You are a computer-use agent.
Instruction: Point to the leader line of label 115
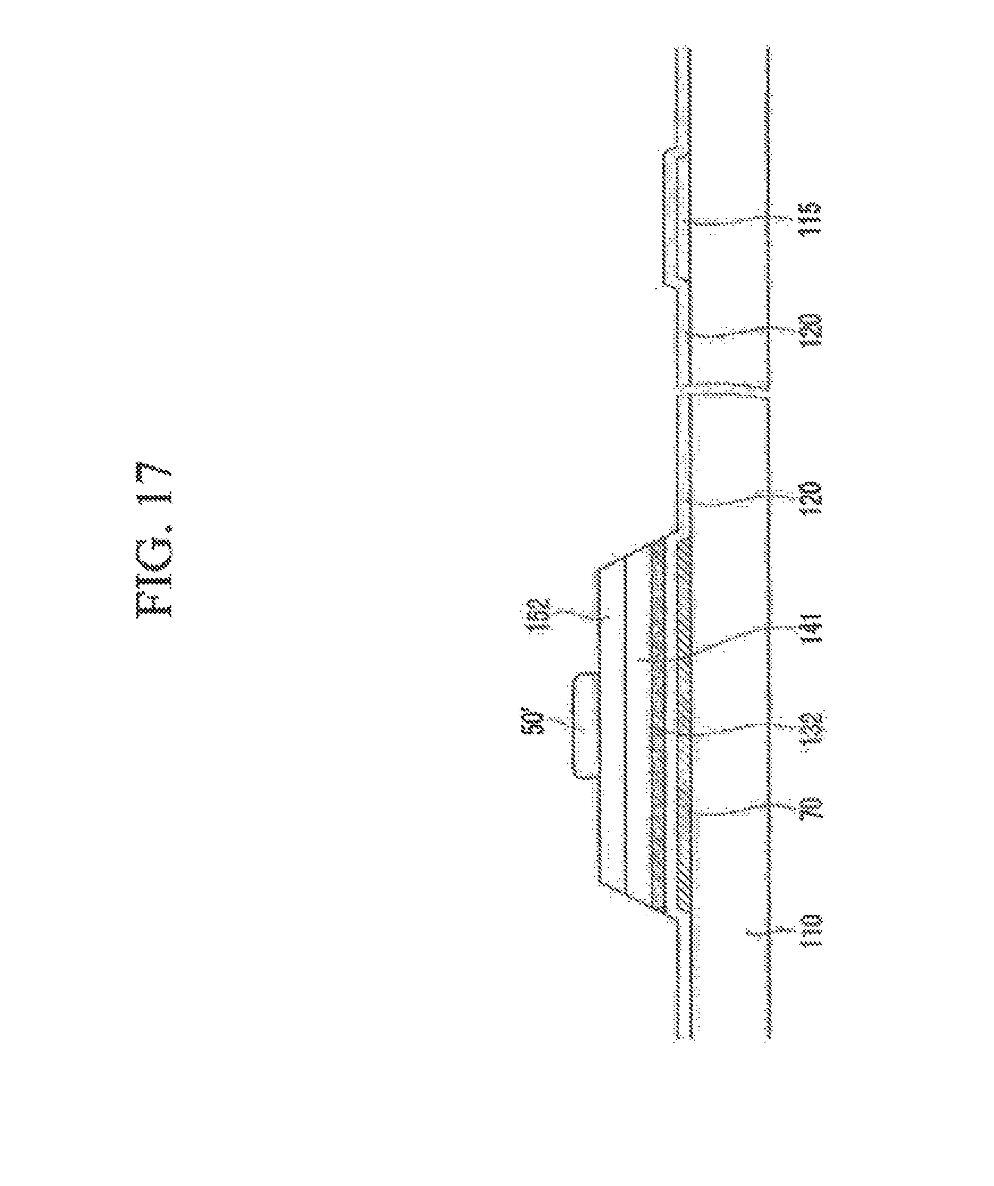(x=738, y=222)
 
